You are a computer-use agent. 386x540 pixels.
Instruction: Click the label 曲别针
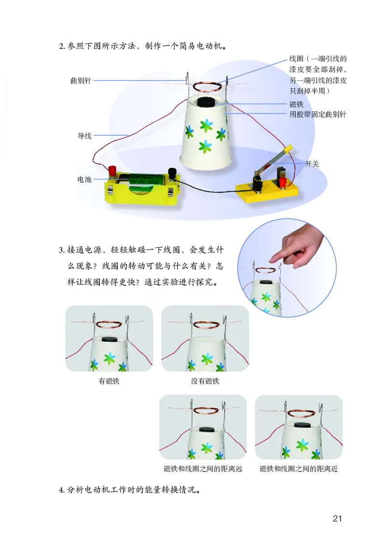coord(81,81)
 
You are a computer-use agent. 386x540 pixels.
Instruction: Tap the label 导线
coord(84,135)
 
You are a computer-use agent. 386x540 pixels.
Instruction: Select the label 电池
coord(84,179)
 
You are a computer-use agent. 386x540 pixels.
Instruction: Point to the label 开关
coord(312,164)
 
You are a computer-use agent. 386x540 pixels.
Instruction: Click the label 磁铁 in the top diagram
coord(296,104)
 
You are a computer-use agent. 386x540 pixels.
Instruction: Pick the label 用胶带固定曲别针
coord(318,114)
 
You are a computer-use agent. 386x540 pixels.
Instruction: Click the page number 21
coord(337,518)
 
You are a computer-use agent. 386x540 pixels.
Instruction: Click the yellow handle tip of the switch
coord(288,148)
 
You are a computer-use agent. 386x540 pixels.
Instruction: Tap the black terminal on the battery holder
coord(172,172)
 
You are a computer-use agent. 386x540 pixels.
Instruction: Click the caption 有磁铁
coord(109,381)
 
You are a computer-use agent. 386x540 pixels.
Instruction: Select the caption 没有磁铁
coord(205,381)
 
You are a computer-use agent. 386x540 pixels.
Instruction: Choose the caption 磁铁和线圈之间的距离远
coord(203,469)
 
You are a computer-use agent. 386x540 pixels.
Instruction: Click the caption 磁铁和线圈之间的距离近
coord(299,469)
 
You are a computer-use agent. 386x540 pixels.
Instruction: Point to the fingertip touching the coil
coord(272,257)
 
